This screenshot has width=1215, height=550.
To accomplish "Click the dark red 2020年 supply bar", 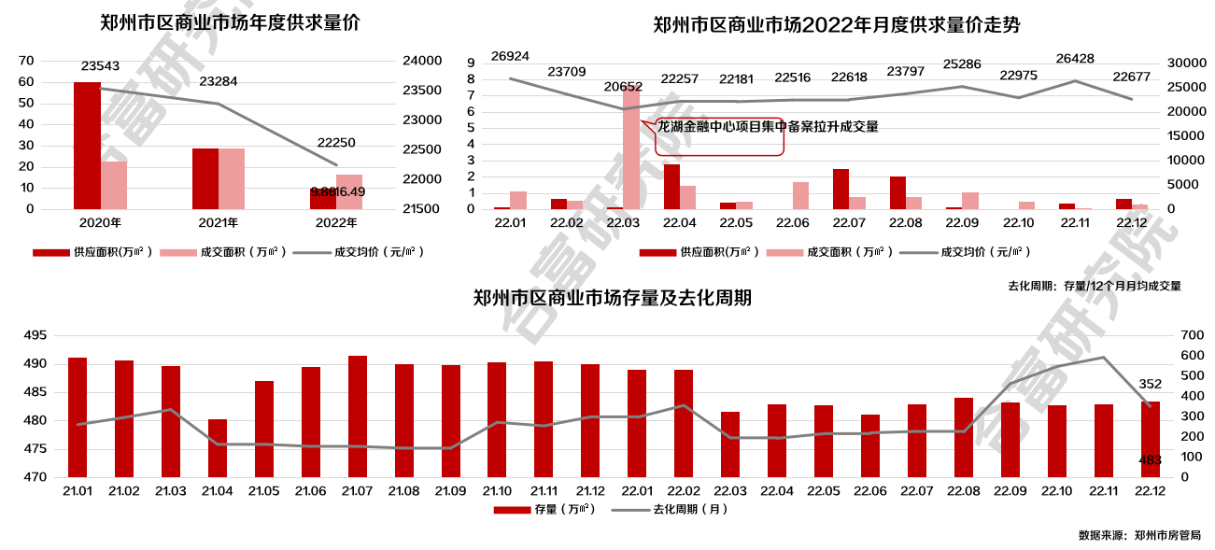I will pyautogui.click(x=87, y=145).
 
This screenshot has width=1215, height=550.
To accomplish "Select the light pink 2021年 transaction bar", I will pyautogui.click(x=232, y=178).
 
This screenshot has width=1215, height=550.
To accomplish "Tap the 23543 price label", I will pyautogui.click(x=101, y=66).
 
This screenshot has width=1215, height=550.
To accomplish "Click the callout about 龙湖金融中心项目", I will pyautogui.click(x=768, y=127).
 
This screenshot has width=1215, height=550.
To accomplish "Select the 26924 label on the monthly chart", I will pyautogui.click(x=510, y=56).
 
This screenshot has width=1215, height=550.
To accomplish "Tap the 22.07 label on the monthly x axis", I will pyautogui.click(x=849, y=223).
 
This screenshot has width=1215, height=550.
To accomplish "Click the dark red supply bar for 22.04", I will pyautogui.click(x=671, y=186).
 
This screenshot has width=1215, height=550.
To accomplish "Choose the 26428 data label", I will pyautogui.click(x=1075, y=59).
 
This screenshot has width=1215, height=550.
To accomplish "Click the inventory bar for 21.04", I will pyautogui.click(x=218, y=448).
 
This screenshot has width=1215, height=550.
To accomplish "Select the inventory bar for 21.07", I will pyautogui.click(x=358, y=416).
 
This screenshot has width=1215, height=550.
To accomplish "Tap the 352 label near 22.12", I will pyautogui.click(x=1150, y=384).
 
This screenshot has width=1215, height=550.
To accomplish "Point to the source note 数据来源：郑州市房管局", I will pyautogui.click(x=1138, y=536).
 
